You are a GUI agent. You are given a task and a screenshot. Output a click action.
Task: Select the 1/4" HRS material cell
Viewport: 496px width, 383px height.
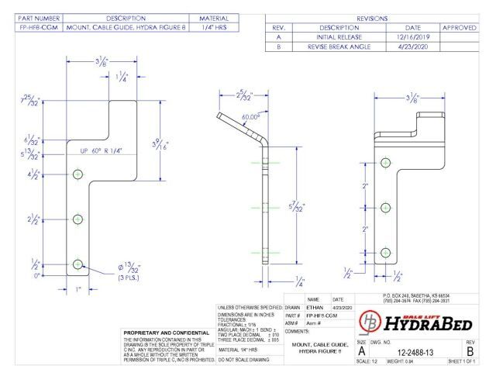(214, 26)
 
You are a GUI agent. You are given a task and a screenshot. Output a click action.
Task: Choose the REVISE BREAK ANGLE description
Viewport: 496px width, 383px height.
(338, 47)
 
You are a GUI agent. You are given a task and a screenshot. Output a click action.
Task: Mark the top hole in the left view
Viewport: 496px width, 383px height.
(77, 175)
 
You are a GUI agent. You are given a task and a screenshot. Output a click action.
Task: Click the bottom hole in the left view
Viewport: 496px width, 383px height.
(77, 264)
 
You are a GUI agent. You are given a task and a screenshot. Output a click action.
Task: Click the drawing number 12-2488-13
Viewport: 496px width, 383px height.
(419, 351)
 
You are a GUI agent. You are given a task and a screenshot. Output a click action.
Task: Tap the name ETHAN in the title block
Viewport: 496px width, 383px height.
(316, 308)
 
